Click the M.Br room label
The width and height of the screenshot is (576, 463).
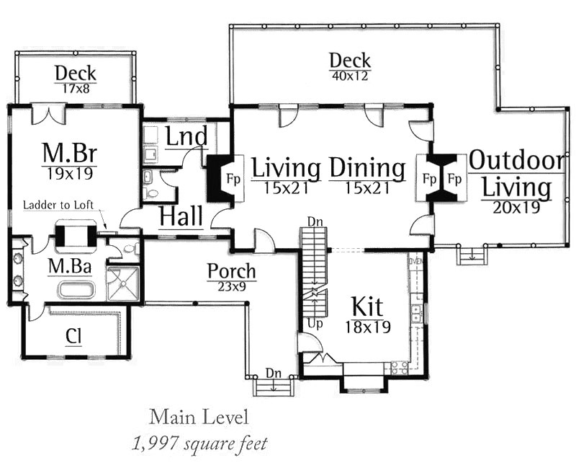tap(70, 153)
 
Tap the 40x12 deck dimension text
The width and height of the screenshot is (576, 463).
tap(350, 76)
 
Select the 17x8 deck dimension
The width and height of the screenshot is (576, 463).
tap(76, 89)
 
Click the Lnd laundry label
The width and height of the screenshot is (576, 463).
tap(186, 136)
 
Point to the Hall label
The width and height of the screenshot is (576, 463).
tap(181, 216)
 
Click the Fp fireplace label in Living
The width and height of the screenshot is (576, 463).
tap(233, 180)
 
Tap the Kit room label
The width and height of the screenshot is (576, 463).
tap(367, 307)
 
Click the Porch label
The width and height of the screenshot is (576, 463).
tap(231, 271)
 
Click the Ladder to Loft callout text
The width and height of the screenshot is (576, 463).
tap(58, 205)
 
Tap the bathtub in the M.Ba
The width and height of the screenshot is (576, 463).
tap(77, 289)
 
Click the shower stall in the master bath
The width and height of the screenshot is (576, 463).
tap(123, 283)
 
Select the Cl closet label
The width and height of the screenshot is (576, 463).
tap(73, 335)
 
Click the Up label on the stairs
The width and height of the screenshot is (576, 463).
tap(315, 324)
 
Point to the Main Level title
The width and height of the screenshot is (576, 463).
tap(199, 418)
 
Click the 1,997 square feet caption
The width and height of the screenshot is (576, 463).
tap(199, 444)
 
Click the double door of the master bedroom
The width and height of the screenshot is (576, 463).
tap(48, 113)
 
